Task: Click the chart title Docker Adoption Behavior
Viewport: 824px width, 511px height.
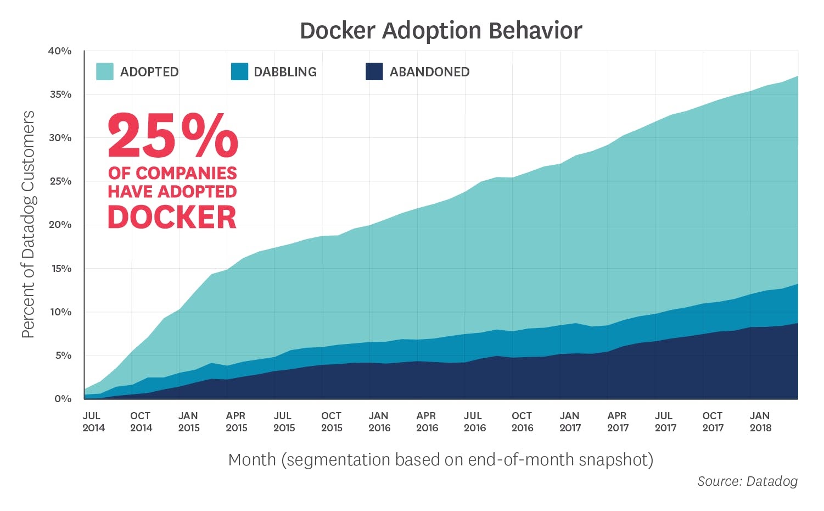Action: point(441,31)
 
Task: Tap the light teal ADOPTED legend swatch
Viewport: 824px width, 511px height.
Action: point(104,72)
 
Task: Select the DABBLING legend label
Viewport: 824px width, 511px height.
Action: point(285,72)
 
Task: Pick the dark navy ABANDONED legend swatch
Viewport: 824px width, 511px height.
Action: point(374,72)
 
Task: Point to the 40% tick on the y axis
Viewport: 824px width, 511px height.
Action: point(60,51)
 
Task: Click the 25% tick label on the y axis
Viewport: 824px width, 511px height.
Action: point(60,181)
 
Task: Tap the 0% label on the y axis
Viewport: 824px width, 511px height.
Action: point(63,399)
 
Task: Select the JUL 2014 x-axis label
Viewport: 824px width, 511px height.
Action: point(93,422)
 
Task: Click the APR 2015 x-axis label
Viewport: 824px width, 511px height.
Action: point(236,422)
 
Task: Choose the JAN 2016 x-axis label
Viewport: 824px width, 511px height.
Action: point(379,422)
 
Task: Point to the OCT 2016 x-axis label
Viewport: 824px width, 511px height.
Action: point(522,422)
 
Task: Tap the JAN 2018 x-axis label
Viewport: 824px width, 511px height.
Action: point(760,422)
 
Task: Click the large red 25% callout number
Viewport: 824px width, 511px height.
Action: point(172,136)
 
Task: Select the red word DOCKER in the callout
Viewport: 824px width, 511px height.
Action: point(172,218)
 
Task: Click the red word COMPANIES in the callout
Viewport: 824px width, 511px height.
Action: point(186,173)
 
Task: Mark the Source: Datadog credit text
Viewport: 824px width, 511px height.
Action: point(747,481)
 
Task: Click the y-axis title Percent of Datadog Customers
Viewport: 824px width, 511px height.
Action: point(29,224)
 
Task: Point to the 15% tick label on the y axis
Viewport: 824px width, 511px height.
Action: point(60,269)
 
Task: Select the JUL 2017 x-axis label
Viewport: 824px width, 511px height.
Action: point(665,422)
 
